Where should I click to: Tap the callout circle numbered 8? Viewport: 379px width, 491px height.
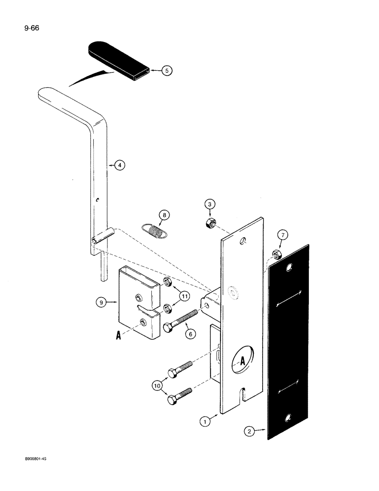(164, 215)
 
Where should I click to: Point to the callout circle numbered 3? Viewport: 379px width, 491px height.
(210, 204)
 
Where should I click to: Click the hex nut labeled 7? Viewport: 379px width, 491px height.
(276, 254)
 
